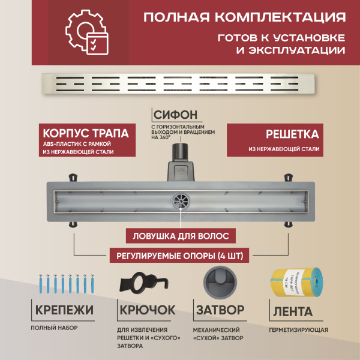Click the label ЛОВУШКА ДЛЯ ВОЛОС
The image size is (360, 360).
(180, 235)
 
